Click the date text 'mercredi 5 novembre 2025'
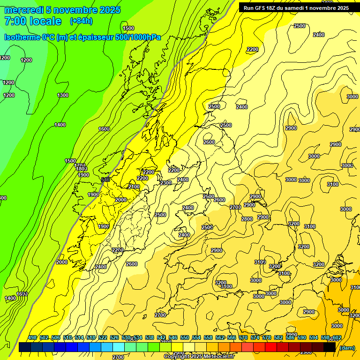click(62, 10)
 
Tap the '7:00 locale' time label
click(33, 21)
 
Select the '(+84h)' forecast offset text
click(81, 21)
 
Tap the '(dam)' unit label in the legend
click(347, 348)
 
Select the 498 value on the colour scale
click(32, 338)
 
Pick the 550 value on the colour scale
click(185, 338)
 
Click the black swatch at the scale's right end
click(330, 347)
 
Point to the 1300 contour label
click(63, 95)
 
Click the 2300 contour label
click(166, 183)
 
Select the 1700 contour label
click(80, 165)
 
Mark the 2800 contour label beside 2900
click(247, 219)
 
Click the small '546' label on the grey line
click(105, 180)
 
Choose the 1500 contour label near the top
click(128, 28)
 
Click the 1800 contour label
click(82, 169)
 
